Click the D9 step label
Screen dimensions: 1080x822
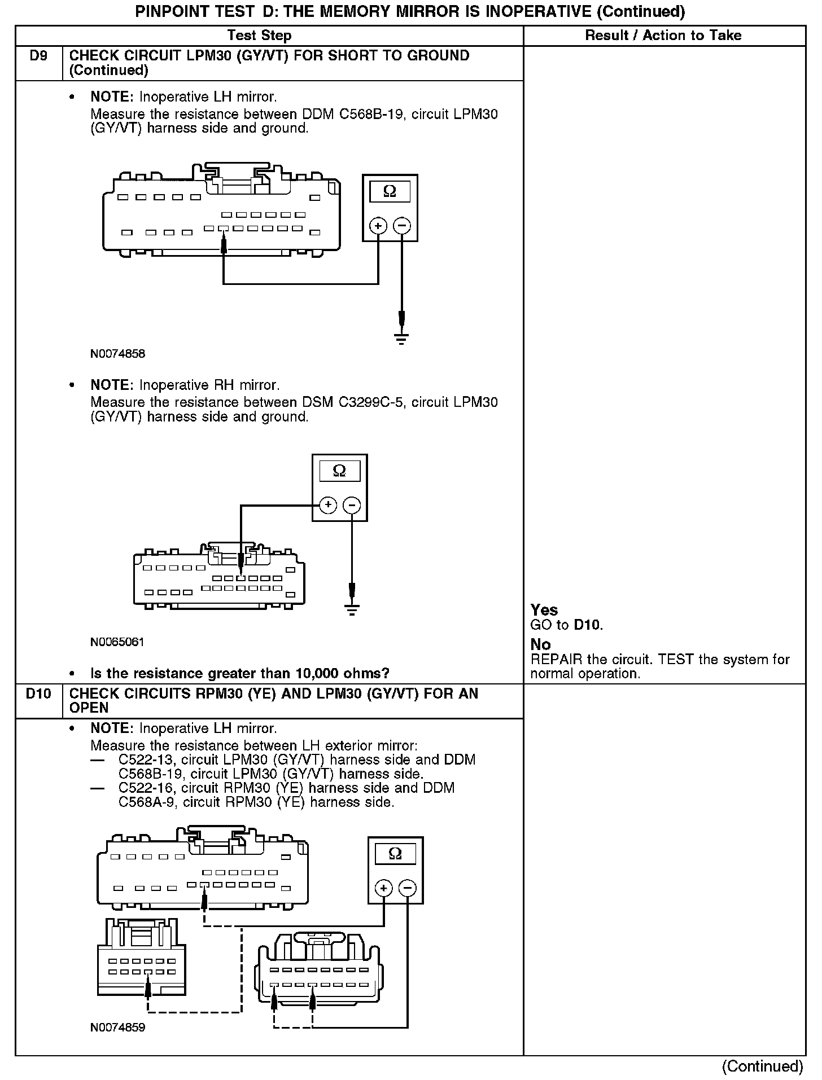pos(38,56)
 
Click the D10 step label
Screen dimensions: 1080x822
pos(38,693)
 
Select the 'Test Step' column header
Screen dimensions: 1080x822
pos(259,36)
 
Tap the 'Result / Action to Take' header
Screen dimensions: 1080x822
pos(663,36)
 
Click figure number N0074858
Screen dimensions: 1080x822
pos(117,354)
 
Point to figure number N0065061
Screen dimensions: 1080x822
pos(117,642)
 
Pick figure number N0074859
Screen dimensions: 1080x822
pos(117,1028)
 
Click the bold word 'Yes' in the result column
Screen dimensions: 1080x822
pos(544,610)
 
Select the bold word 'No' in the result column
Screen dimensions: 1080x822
pos(540,644)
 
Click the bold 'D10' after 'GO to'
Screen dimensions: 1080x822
pos(587,625)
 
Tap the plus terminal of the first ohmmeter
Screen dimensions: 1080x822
pos(378,226)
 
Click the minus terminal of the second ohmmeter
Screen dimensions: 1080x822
pos(352,505)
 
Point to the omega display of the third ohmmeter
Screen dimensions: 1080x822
pos(395,854)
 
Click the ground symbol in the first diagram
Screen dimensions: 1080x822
pos(401,338)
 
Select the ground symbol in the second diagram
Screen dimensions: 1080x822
pos(352,609)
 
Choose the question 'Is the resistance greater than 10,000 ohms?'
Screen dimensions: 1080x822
pos(240,674)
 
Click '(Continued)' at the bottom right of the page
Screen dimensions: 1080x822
pos(762,1066)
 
